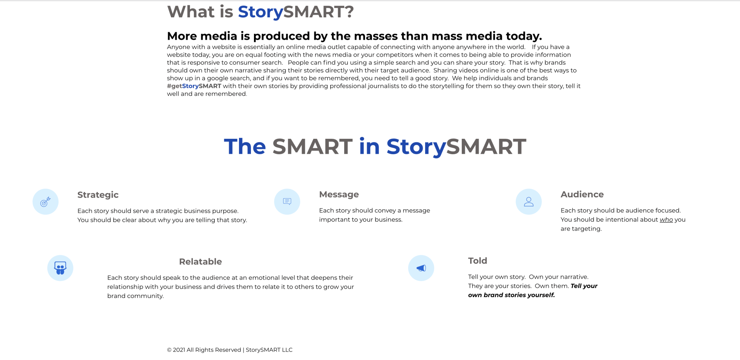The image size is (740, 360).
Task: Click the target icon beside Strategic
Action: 45,202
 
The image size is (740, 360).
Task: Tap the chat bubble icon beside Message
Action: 287,201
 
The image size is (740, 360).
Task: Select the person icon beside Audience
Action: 529,202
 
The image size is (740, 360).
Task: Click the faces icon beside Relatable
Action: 60,268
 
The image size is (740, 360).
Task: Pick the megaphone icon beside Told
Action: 421,268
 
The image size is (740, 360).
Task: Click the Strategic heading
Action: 98,195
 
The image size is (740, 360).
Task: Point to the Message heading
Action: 339,195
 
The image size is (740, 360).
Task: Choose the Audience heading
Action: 582,195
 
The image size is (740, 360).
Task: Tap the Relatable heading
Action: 200,262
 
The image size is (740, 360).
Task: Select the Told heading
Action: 478,261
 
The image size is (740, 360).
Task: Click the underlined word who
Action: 666,220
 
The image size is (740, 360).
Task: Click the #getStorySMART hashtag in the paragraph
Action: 194,86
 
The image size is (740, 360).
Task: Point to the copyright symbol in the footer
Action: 169,350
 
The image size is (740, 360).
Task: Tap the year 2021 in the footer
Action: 179,350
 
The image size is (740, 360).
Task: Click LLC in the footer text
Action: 287,350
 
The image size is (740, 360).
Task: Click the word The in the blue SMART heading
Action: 245,146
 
